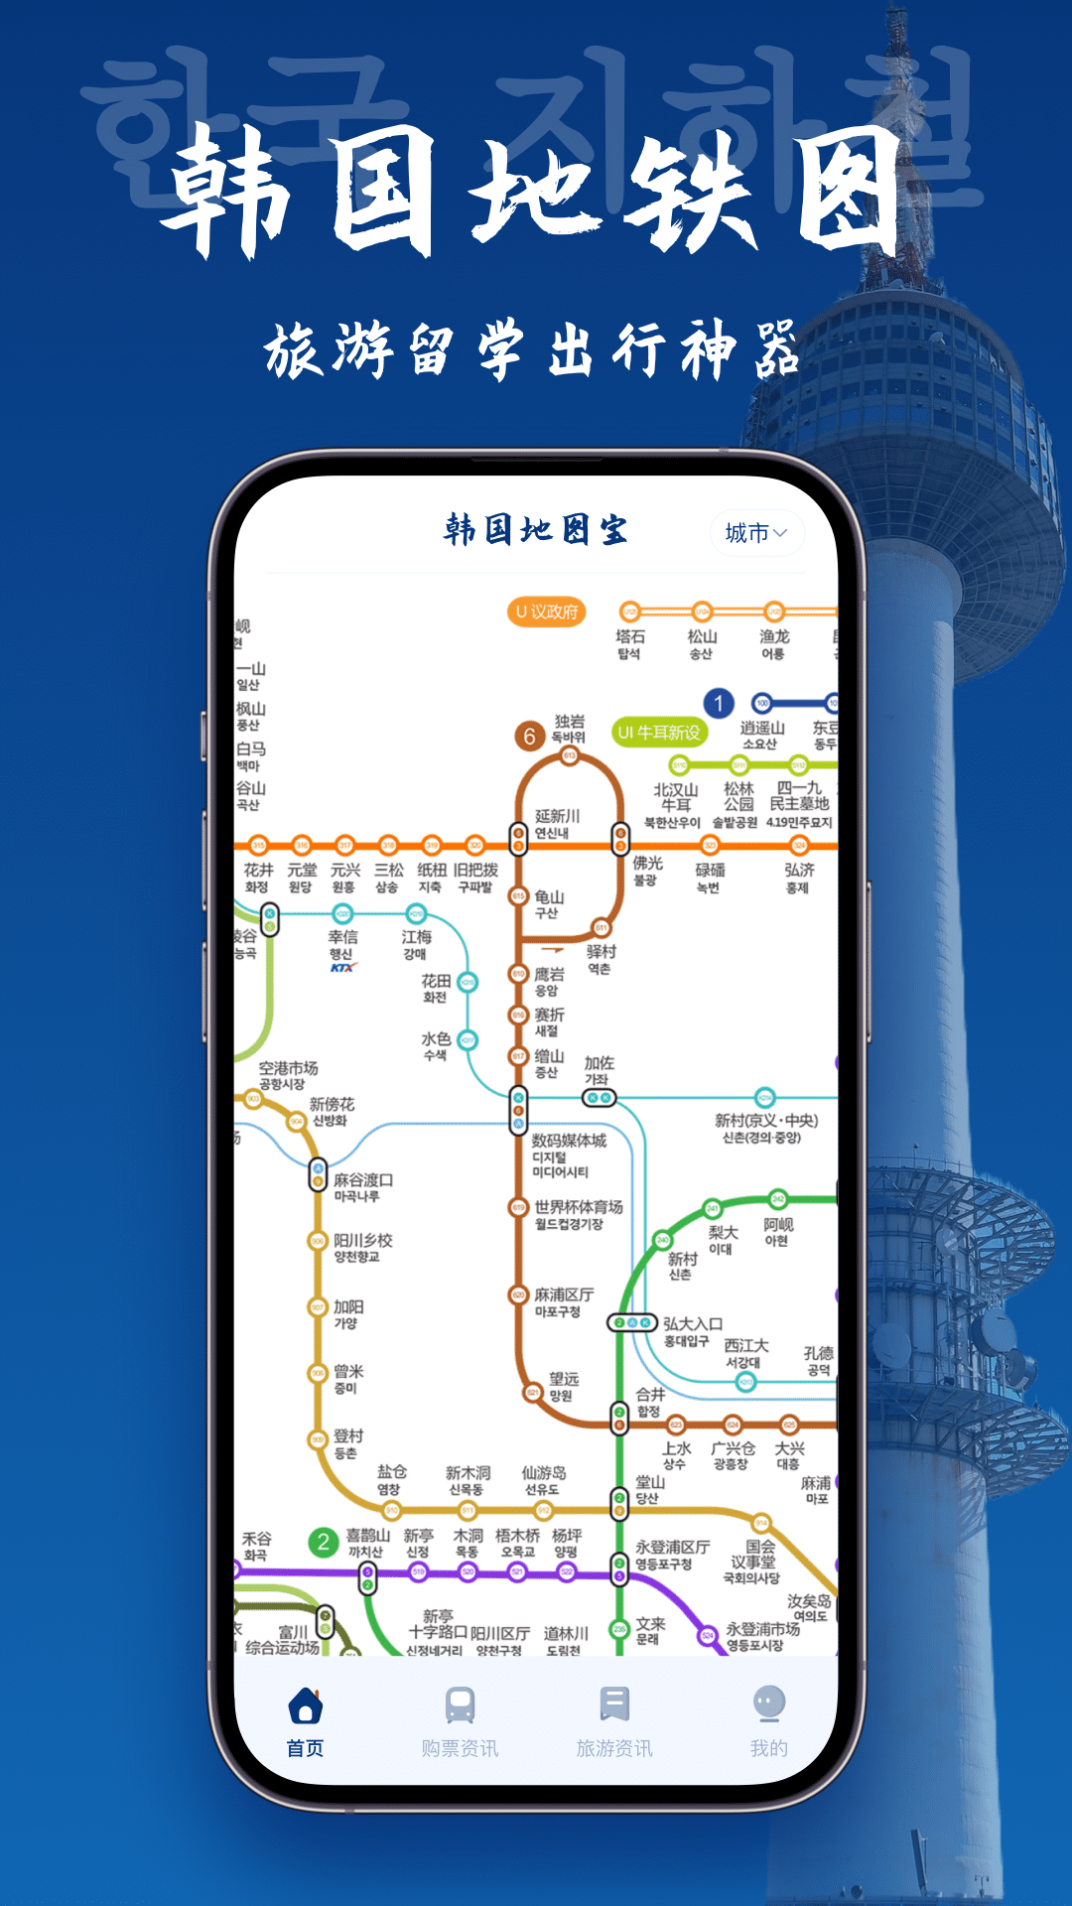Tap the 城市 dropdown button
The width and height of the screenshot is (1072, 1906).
[x=756, y=533]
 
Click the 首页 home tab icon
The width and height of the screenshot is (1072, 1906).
[x=305, y=1705]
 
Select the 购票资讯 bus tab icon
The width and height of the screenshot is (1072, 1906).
[x=460, y=1705]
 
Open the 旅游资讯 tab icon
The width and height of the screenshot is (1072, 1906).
[x=614, y=1704]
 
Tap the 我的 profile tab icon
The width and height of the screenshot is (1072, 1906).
[x=769, y=1704]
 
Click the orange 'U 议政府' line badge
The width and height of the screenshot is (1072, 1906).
[x=546, y=612]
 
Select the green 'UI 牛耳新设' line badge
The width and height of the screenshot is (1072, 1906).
[x=658, y=733]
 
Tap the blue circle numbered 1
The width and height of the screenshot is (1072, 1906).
[x=719, y=704]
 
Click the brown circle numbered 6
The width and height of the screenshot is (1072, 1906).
[x=529, y=736]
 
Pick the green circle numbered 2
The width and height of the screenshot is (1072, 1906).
[x=323, y=1542]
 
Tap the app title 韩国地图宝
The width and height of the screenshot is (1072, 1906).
[x=536, y=530]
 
